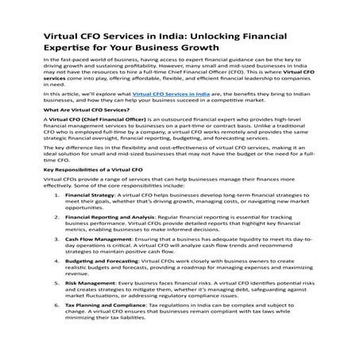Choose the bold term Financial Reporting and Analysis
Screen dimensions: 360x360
[x=108, y=239]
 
